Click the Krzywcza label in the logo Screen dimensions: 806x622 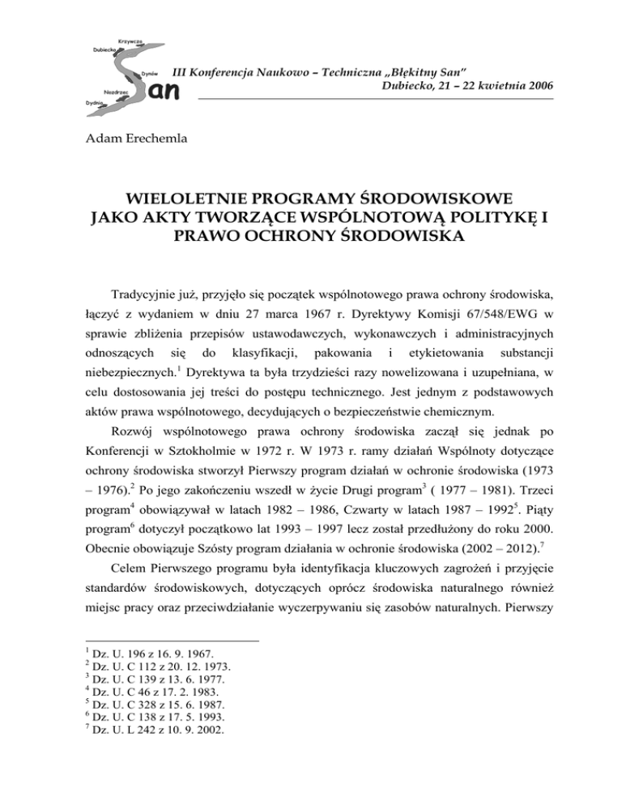[x=130, y=40]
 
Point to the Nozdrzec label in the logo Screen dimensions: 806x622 [x=117, y=92]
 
